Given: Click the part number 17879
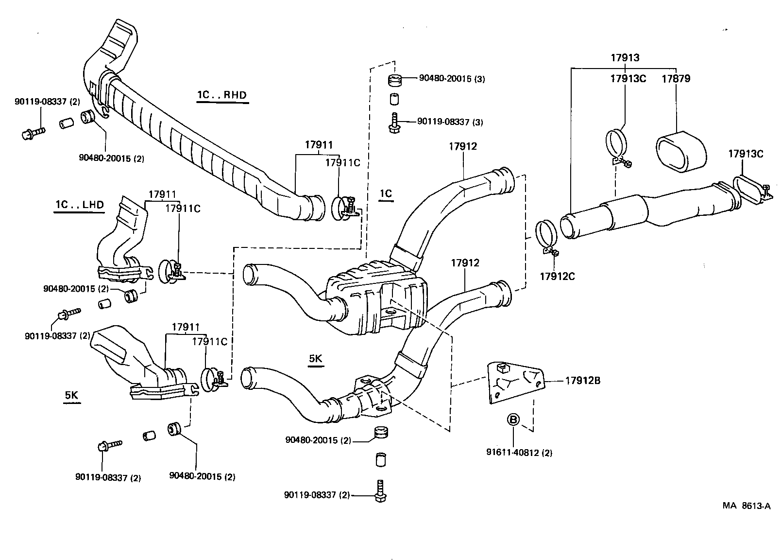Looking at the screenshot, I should [676, 78].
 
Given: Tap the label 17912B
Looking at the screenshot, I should [582, 381].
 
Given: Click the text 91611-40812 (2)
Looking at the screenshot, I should [519, 453].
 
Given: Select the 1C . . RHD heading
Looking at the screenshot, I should [222, 95].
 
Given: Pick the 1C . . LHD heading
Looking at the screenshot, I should [79, 205].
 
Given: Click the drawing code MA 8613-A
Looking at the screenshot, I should [746, 506].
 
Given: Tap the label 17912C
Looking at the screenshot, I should [557, 276].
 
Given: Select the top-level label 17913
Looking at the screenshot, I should [625, 57].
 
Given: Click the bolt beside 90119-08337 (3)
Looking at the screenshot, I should [394, 122].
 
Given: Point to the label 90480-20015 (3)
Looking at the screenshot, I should [452, 78].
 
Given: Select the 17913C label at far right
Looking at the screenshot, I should [746, 154].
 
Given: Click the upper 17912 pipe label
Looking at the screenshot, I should [462, 146].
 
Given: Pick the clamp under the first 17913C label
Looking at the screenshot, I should [616, 146].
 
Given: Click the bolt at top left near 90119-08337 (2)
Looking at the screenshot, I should [32, 132].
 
